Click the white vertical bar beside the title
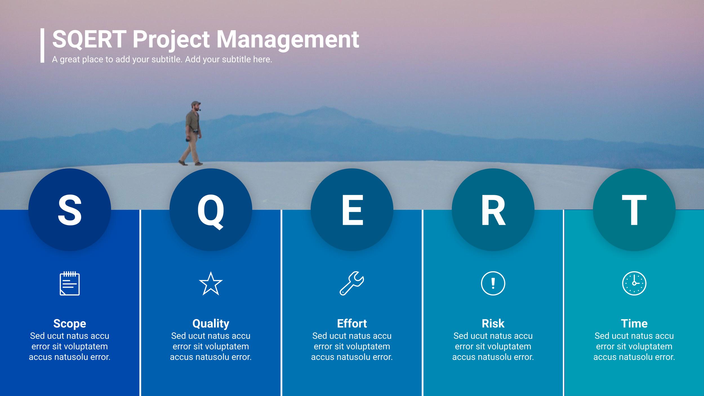tap(43, 45)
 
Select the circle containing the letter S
tap(70, 210)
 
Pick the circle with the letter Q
tap(211, 210)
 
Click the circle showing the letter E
tap(352, 210)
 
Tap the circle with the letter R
tap(493, 210)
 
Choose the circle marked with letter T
tap(634, 210)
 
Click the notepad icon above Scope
tap(70, 283)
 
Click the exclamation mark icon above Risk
tap(493, 284)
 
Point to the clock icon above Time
tap(634, 283)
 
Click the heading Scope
tap(70, 324)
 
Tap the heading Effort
tap(352, 324)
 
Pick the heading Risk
tap(493, 324)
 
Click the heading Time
tap(634, 324)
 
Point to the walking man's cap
tap(196, 103)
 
